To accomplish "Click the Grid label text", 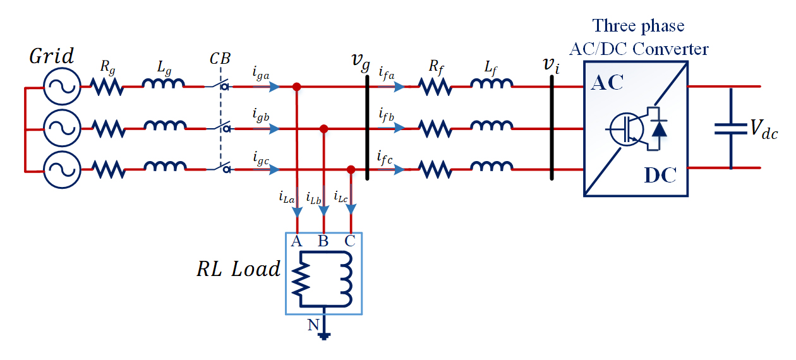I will pyautogui.click(x=52, y=57).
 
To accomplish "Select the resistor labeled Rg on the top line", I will pyautogui.click(x=107, y=88).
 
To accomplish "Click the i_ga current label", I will pyautogui.click(x=261, y=74).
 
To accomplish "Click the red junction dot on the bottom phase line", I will pyautogui.click(x=351, y=170).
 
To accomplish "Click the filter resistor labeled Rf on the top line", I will pyautogui.click(x=435, y=88).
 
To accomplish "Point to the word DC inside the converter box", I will pyautogui.click(x=660, y=176).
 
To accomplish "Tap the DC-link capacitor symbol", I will pyautogui.click(x=731, y=129).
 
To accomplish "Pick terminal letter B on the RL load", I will pyautogui.click(x=323, y=241).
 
